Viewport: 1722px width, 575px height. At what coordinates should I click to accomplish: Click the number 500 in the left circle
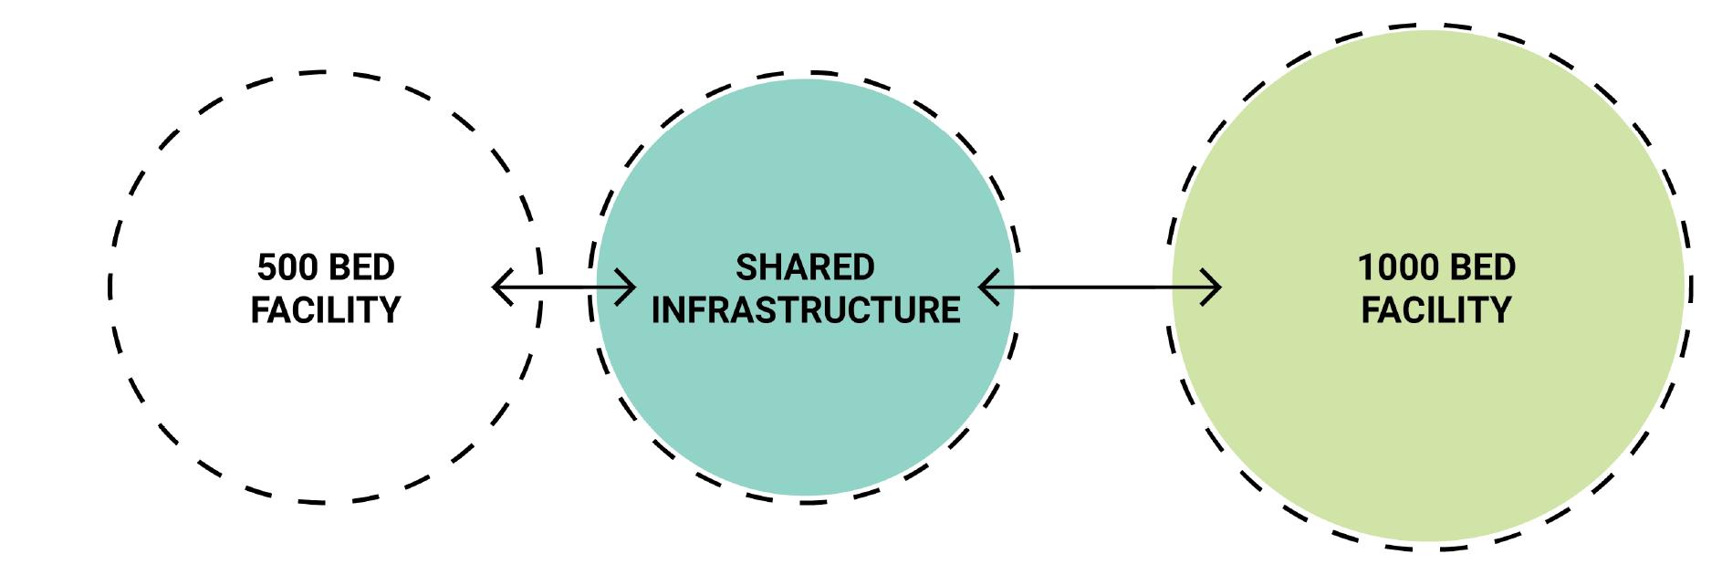coord(287,267)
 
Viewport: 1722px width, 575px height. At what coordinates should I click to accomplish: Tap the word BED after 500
coord(360,267)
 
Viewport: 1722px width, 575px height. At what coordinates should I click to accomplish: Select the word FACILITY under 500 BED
coord(326,310)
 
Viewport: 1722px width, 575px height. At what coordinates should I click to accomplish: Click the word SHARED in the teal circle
coord(805,267)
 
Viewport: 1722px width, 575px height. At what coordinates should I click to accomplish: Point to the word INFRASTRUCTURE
coord(805,310)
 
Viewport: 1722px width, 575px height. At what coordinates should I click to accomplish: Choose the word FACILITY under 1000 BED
coord(1436,310)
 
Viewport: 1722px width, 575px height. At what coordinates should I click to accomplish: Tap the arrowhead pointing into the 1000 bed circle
coord(1214,287)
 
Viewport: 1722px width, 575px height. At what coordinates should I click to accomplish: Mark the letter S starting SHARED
coord(746,267)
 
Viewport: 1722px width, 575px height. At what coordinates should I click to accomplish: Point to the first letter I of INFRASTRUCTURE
coord(656,310)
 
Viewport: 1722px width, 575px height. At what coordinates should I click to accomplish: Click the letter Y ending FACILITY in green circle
coord(1501,310)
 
